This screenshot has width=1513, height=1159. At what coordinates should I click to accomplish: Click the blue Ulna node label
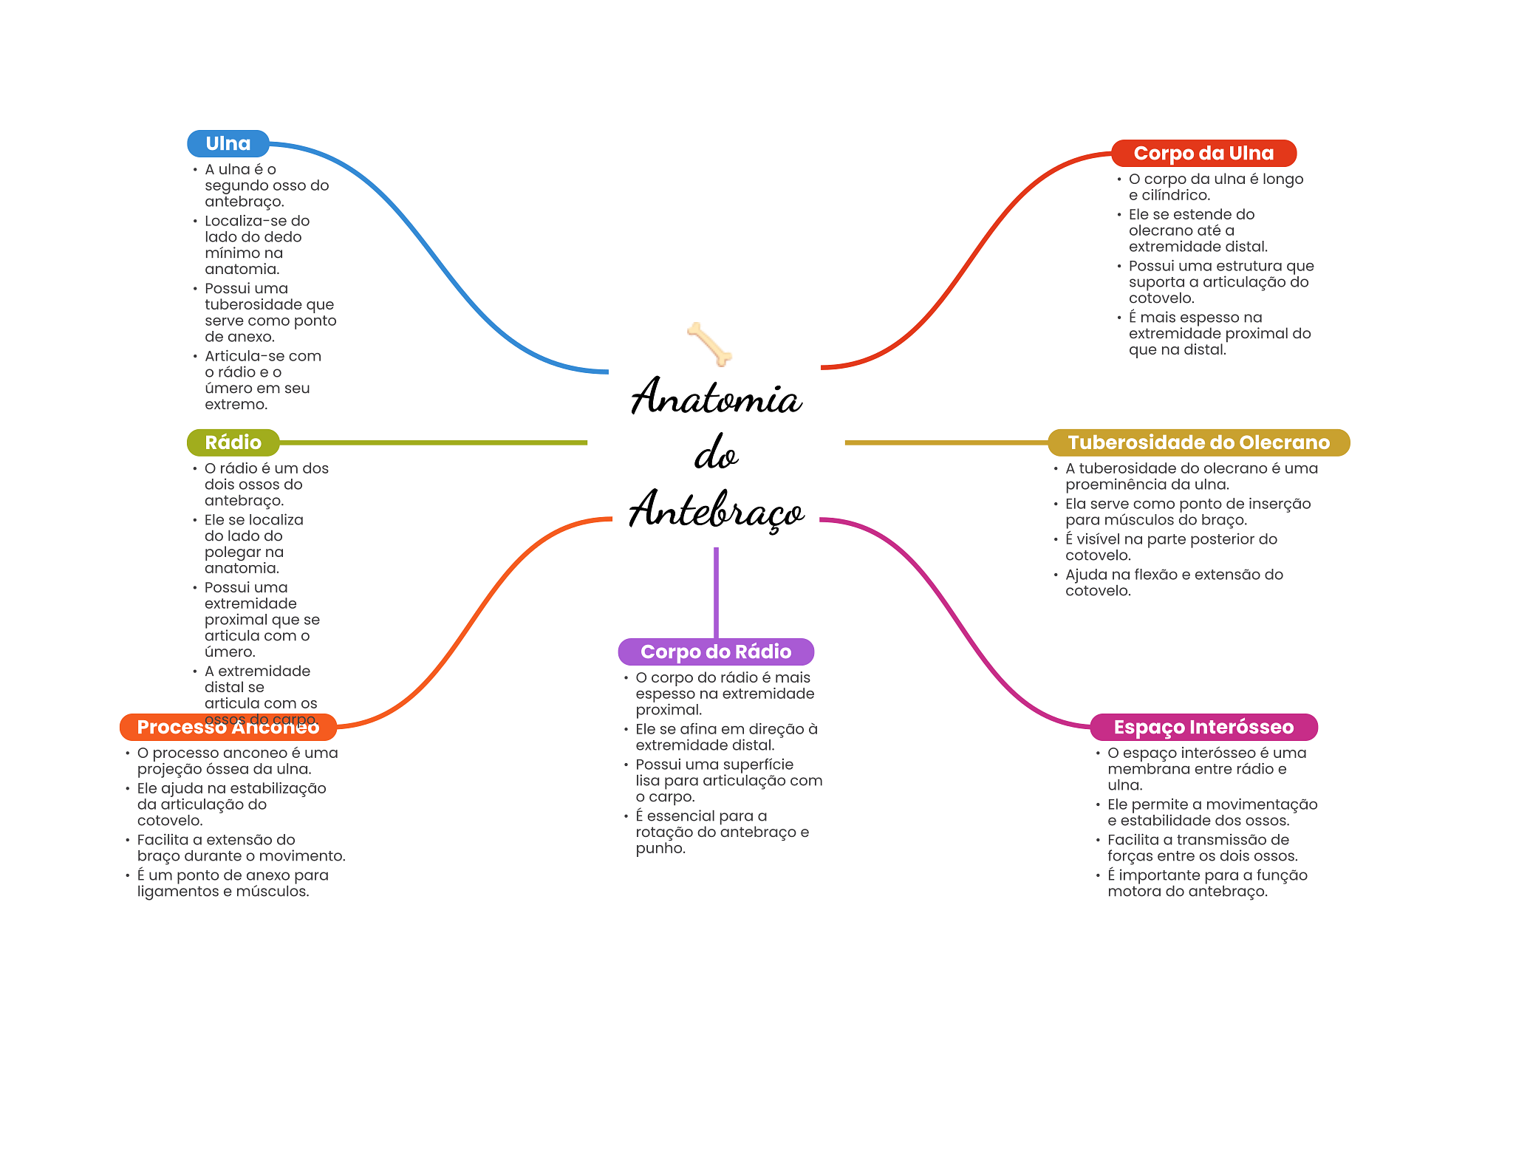228,144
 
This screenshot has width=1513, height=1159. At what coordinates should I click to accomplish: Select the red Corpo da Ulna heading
1203,154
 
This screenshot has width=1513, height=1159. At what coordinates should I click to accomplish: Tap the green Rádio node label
233,442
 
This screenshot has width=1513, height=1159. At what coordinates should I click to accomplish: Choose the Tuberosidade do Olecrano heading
1198,442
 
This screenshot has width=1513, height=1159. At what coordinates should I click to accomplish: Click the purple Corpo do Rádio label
716,652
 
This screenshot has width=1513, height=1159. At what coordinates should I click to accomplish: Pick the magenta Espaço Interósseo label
1203,727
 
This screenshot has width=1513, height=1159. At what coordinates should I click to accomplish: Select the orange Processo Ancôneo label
228,728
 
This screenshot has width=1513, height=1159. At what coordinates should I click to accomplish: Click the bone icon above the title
709,344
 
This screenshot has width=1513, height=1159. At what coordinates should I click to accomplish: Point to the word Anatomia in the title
716,397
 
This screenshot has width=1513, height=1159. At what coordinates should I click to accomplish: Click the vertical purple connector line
716,591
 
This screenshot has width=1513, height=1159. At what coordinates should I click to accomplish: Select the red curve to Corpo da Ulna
968,259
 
